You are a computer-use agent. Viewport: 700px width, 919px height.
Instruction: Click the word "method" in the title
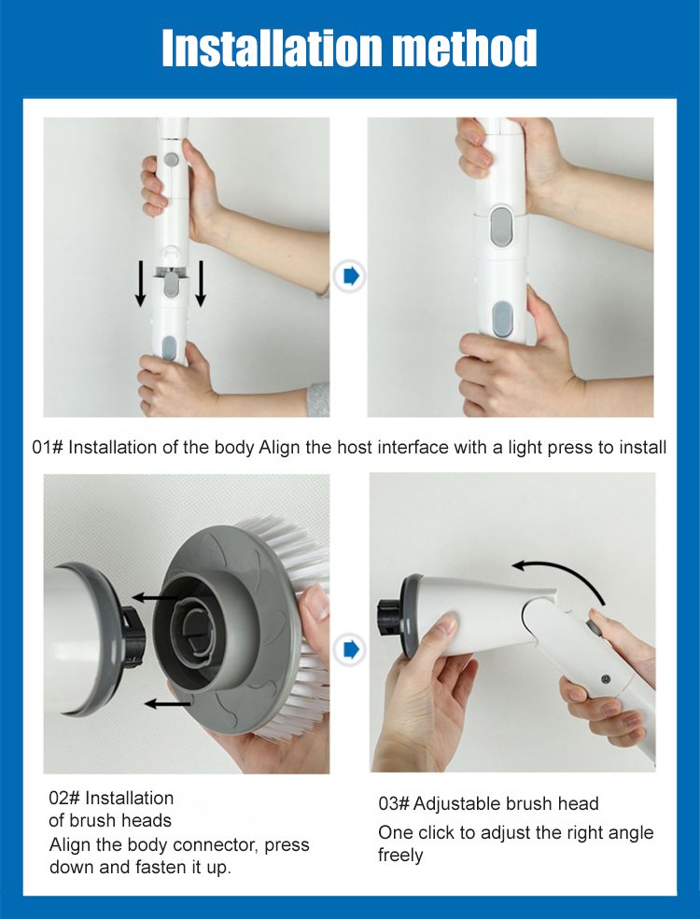tap(464, 49)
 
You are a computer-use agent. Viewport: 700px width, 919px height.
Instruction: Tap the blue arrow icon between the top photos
tap(350, 276)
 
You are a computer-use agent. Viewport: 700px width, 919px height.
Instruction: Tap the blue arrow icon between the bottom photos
tap(350, 649)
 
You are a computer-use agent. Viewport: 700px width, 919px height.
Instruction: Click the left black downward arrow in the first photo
tap(140, 284)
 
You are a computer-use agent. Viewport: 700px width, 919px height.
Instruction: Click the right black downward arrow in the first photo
tap(201, 284)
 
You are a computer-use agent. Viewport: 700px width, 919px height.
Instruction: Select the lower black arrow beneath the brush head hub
tap(168, 703)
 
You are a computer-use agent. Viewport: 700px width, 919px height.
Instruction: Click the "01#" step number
tap(48, 448)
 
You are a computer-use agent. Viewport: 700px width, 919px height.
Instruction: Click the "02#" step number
tap(64, 799)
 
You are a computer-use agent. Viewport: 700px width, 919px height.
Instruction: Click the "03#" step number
tap(393, 803)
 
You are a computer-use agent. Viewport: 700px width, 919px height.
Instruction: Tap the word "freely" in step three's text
tap(400, 856)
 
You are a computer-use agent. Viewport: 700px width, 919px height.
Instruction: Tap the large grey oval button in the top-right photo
tap(502, 226)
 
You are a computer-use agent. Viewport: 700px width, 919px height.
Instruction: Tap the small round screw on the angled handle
tap(606, 679)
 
